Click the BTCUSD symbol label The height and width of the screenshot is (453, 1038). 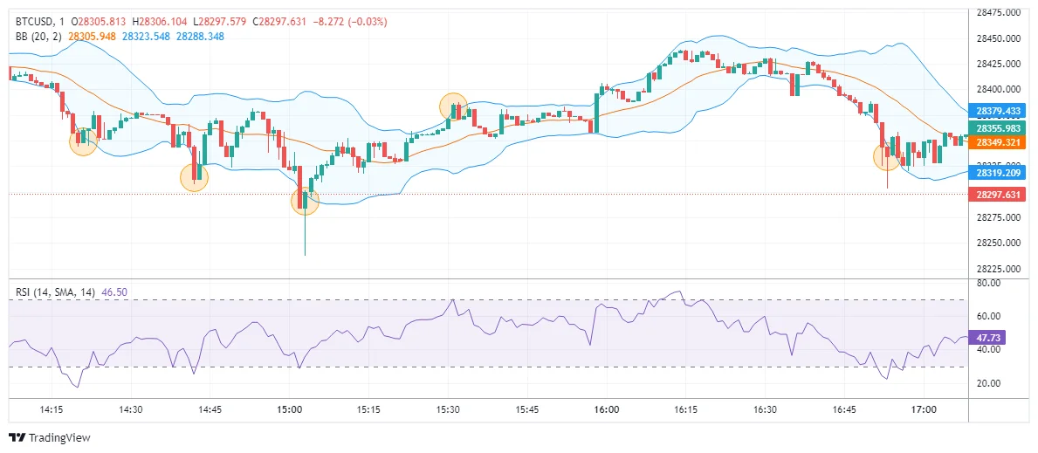tap(36, 21)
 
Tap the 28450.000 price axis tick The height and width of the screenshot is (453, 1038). tap(1000, 38)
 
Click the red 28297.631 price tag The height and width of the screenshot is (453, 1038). tap(1000, 195)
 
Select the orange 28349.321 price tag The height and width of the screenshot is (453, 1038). tap(1000, 141)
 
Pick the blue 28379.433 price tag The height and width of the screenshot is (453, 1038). tap(1000, 112)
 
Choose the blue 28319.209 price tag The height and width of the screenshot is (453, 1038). tap(1000, 173)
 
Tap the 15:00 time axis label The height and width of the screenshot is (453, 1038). tap(289, 408)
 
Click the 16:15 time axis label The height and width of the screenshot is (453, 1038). tap(685, 408)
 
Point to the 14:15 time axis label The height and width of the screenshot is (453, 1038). tap(52, 408)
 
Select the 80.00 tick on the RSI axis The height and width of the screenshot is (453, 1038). tap(988, 283)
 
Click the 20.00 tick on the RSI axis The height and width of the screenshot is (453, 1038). tap(988, 383)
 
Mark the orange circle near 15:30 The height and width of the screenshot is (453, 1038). tap(453, 106)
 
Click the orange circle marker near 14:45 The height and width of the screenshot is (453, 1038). tap(195, 177)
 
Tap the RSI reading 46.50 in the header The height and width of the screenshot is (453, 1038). tap(114, 292)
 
